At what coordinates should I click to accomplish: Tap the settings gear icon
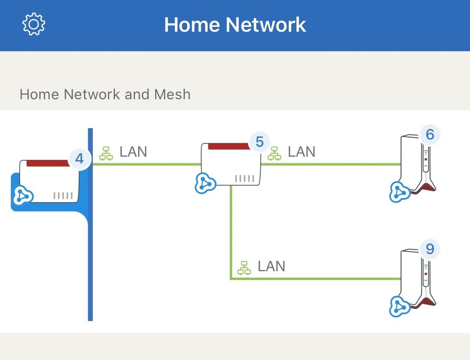point(34,24)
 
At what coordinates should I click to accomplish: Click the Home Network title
point(235,24)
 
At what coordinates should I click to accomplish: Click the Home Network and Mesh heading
point(105,95)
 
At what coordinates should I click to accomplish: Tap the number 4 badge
point(79,159)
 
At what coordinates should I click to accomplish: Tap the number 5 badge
point(260,142)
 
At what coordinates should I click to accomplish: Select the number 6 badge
point(430,135)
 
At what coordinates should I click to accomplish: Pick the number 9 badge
point(430,249)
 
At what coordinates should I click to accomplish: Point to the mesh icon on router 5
point(205,183)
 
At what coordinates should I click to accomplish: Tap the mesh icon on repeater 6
point(400,192)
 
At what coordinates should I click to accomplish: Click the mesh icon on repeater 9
point(400,307)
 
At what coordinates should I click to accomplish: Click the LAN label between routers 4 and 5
point(133,152)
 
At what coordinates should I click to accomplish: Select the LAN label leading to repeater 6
point(302,152)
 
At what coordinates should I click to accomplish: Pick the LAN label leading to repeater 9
point(271,266)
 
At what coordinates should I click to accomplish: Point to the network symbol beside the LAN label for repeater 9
point(244,268)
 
